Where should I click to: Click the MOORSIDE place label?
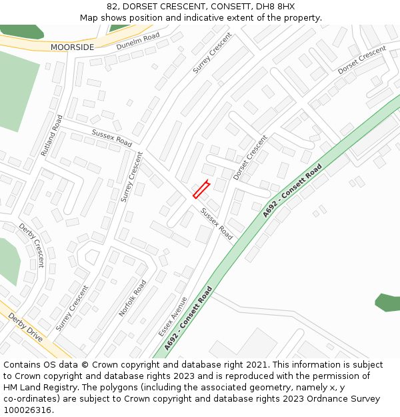(72, 47)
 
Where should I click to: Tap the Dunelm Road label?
(138, 41)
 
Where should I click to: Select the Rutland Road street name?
(51, 135)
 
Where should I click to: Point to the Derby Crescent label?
(31, 244)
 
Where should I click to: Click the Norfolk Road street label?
(133, 298)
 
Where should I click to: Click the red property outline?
(201, 189)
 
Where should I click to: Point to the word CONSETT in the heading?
(219, 7)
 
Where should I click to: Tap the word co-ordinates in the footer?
(29, 399)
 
